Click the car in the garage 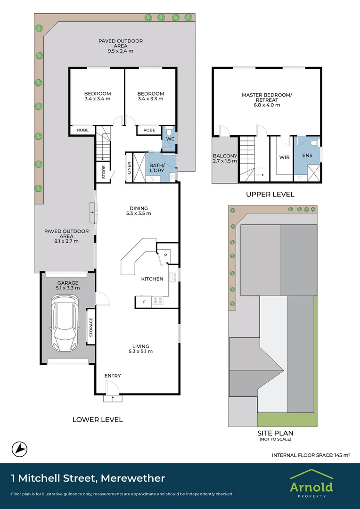pyautogui.click(x=66, y=323)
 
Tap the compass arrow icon pyautogui.click(x=19, y=450)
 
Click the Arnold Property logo pyautogui.click(x=311, y=483)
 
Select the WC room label pyautogui.click(x=171, y=139)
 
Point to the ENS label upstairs pyautogui.click(x=307, y=156)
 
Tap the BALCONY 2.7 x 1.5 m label pyautogui.click(x=225, y=158)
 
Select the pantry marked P pyautogui.click(x=165, y=255)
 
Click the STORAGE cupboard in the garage pyautogui.click(x=90, y=327)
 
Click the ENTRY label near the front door pyautogui.click(x=113, y=376)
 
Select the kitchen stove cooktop pyautogui.click(x=158, y=301)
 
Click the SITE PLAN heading pyautogui.click(x=275, y=433)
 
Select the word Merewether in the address pyautogui.click(x=133, y=478)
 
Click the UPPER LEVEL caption pyautogui.click(x=270, y=195)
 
